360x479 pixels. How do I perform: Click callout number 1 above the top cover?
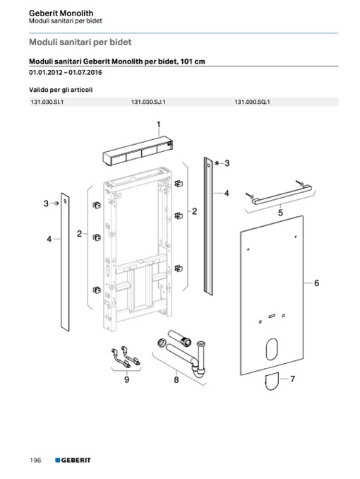click(159, 124)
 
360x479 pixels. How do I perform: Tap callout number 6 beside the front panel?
click(316, 283)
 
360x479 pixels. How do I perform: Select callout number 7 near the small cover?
click(292, 379)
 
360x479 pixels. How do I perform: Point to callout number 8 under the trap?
click(176, 380)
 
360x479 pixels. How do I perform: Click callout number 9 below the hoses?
click(127, 379)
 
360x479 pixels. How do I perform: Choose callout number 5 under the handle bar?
click(280, 213)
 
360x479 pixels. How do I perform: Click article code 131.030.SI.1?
click(47, 102)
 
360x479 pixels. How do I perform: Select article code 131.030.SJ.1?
click(148, 102)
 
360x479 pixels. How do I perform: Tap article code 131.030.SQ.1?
click(252, 102)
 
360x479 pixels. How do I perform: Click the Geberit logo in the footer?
click(73, 460)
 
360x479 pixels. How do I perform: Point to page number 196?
click(35, 460)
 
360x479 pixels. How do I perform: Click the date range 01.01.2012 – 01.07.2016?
click(66, 73)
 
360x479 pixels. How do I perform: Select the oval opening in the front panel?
click(272, 349)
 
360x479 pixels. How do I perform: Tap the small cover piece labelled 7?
click(272, 382)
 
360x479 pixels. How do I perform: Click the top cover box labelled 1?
click(138, 151)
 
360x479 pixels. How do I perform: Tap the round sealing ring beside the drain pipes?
click(161, 343)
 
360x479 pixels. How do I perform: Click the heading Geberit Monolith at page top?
click(61, 13)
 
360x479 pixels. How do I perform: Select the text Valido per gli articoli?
click(61, 90)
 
